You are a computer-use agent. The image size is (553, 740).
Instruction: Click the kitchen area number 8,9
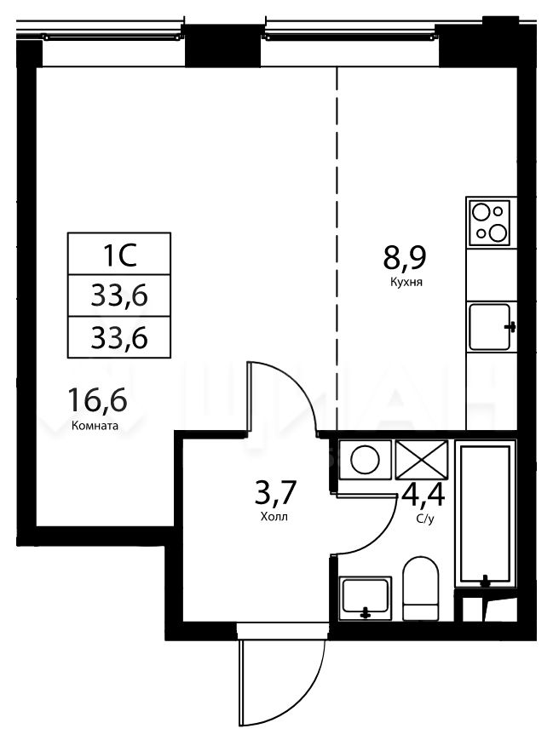point(405,258)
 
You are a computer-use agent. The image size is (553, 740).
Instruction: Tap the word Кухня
point(406,283)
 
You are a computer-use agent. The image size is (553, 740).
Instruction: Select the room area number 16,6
point(97,399)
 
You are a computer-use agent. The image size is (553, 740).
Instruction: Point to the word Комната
point(95,426)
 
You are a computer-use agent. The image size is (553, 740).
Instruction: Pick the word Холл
point(274,517)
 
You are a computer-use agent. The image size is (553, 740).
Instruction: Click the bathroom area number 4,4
point(423,495)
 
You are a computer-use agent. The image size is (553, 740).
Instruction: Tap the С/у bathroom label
point(425,519)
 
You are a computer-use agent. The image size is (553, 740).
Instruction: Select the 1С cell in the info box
point(119,254)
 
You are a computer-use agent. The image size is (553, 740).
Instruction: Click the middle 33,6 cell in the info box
point(119,295)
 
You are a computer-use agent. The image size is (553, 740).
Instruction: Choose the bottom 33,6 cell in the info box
point(119,337)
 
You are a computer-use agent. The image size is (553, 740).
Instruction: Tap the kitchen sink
point(490,327)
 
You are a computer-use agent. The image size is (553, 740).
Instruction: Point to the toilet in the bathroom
point(420,588)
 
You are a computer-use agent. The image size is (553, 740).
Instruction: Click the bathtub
point(485,513)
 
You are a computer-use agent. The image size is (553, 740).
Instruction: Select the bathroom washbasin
point(365,598)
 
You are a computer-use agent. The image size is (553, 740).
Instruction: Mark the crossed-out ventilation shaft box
point(421,460)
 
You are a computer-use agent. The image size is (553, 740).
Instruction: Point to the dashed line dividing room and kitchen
point(337,248)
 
